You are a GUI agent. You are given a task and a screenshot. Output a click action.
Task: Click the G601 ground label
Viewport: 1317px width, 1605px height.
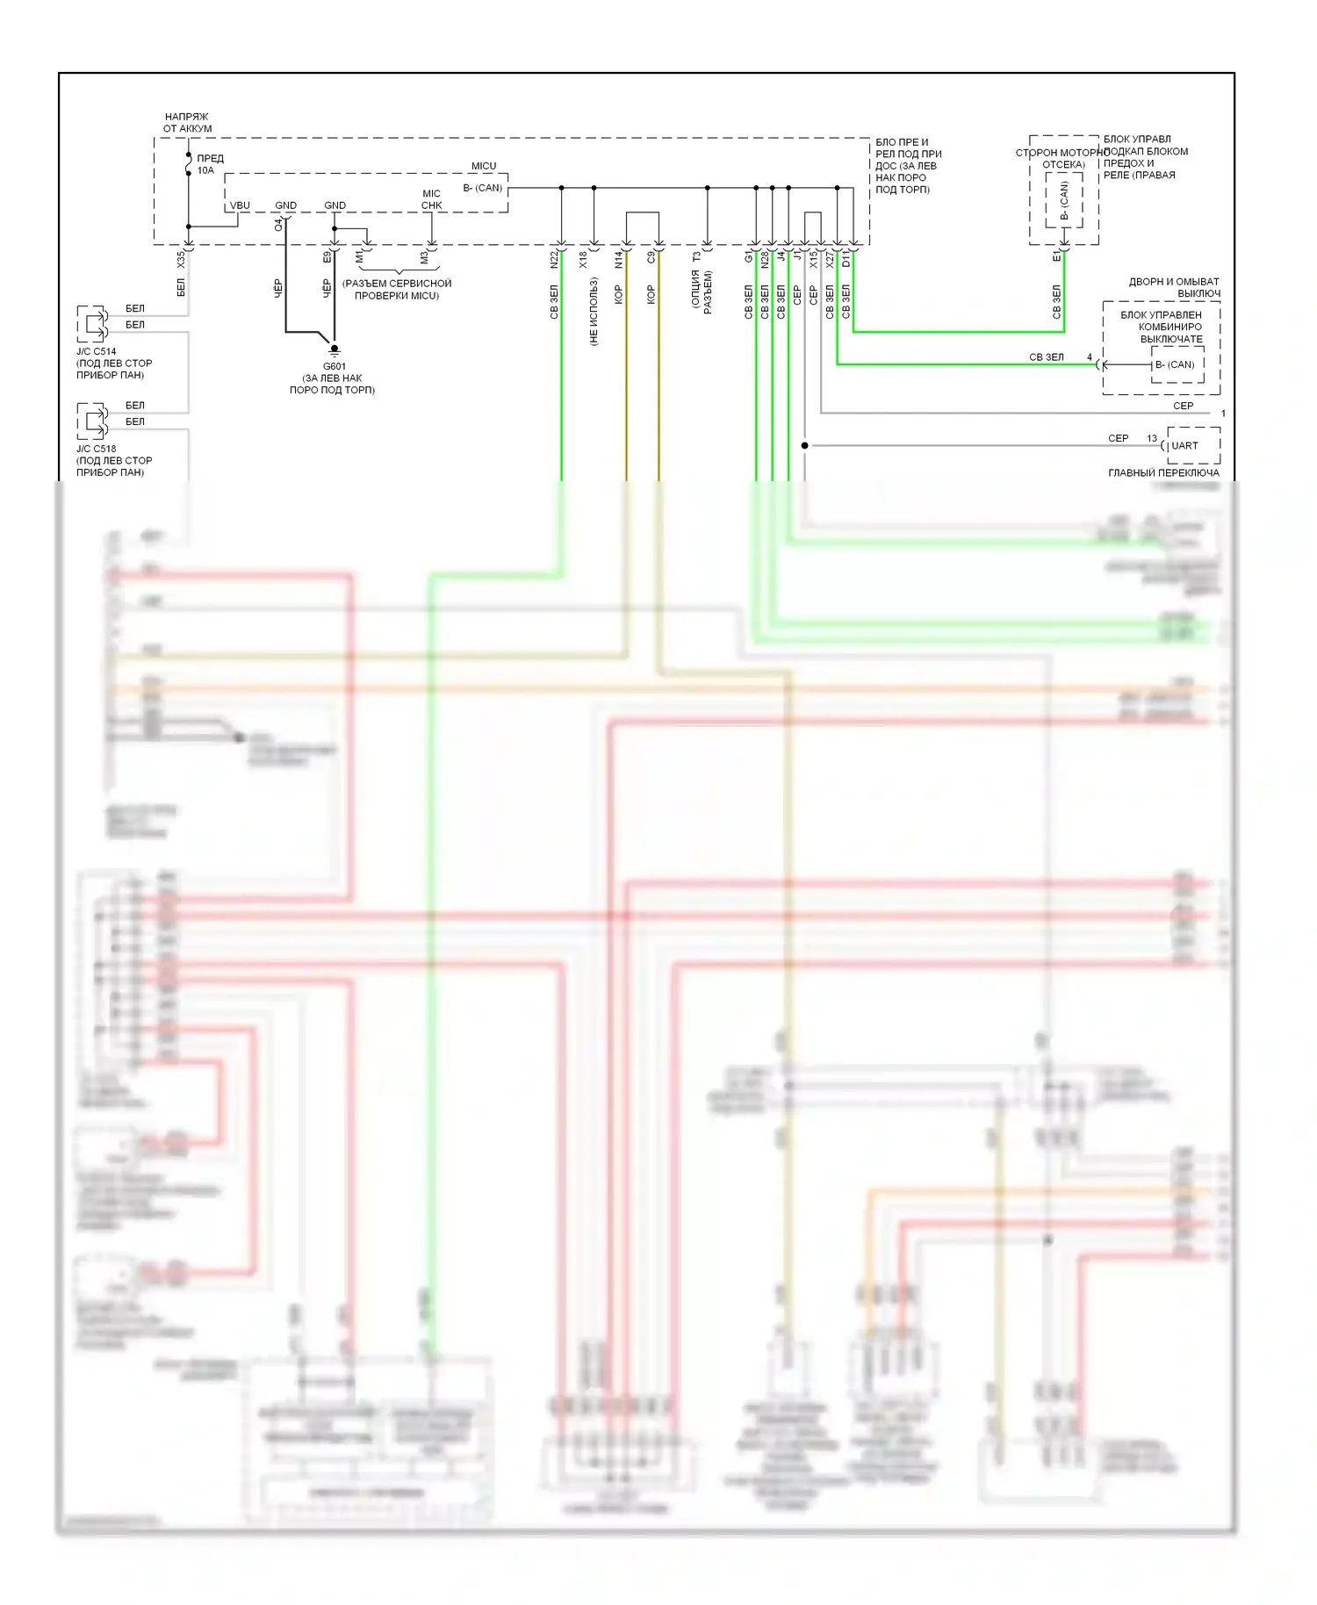[x=334, y=366]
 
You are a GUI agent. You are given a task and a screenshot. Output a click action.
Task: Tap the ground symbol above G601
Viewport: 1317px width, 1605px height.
[x=334, y=349]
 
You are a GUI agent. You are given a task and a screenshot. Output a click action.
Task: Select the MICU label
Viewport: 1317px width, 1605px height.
[x=484, y=166]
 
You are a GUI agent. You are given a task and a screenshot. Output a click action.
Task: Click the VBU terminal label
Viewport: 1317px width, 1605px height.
[x=240, y=205]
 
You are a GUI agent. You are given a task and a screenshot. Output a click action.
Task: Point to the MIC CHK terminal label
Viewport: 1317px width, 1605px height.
[x=431, y=199]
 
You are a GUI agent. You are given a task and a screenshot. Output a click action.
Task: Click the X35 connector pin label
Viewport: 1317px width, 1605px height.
[x=181, y=260]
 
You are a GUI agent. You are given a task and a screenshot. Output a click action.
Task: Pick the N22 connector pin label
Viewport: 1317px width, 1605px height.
[x=554, y=260]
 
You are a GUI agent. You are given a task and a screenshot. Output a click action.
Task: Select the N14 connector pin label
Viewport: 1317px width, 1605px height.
[x=619, y=260]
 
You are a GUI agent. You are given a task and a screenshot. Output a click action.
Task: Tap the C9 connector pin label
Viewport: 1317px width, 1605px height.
[x=651, y=258]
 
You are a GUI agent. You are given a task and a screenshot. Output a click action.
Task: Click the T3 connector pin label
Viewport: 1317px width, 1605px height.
[x=697, y=257]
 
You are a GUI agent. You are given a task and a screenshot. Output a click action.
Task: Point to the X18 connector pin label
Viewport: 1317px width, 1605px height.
[x=583, y=260]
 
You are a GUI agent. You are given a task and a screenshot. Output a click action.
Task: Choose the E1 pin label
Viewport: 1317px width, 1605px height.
[x=1056, y=257]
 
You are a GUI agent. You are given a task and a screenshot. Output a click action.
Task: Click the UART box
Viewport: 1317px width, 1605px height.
[x=1192, y=445]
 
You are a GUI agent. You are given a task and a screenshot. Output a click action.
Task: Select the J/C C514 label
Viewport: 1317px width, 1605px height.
[x=96, y=351]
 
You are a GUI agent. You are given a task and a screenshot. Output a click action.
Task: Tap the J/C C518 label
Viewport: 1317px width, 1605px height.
[x=96, y=449]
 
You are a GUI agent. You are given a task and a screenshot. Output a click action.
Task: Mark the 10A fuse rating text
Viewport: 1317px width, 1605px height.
[x=205, y=170]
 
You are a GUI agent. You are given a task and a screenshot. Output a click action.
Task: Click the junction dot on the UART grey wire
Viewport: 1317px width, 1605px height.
[x=804, y=445]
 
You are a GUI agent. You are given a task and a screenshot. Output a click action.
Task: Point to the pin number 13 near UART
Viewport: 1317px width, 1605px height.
[x=1152, y=438]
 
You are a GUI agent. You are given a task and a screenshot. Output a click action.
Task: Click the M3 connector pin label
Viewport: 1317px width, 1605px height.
[x=424, y=258]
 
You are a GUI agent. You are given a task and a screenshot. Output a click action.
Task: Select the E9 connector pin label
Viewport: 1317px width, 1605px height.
[x=327, y=257]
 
